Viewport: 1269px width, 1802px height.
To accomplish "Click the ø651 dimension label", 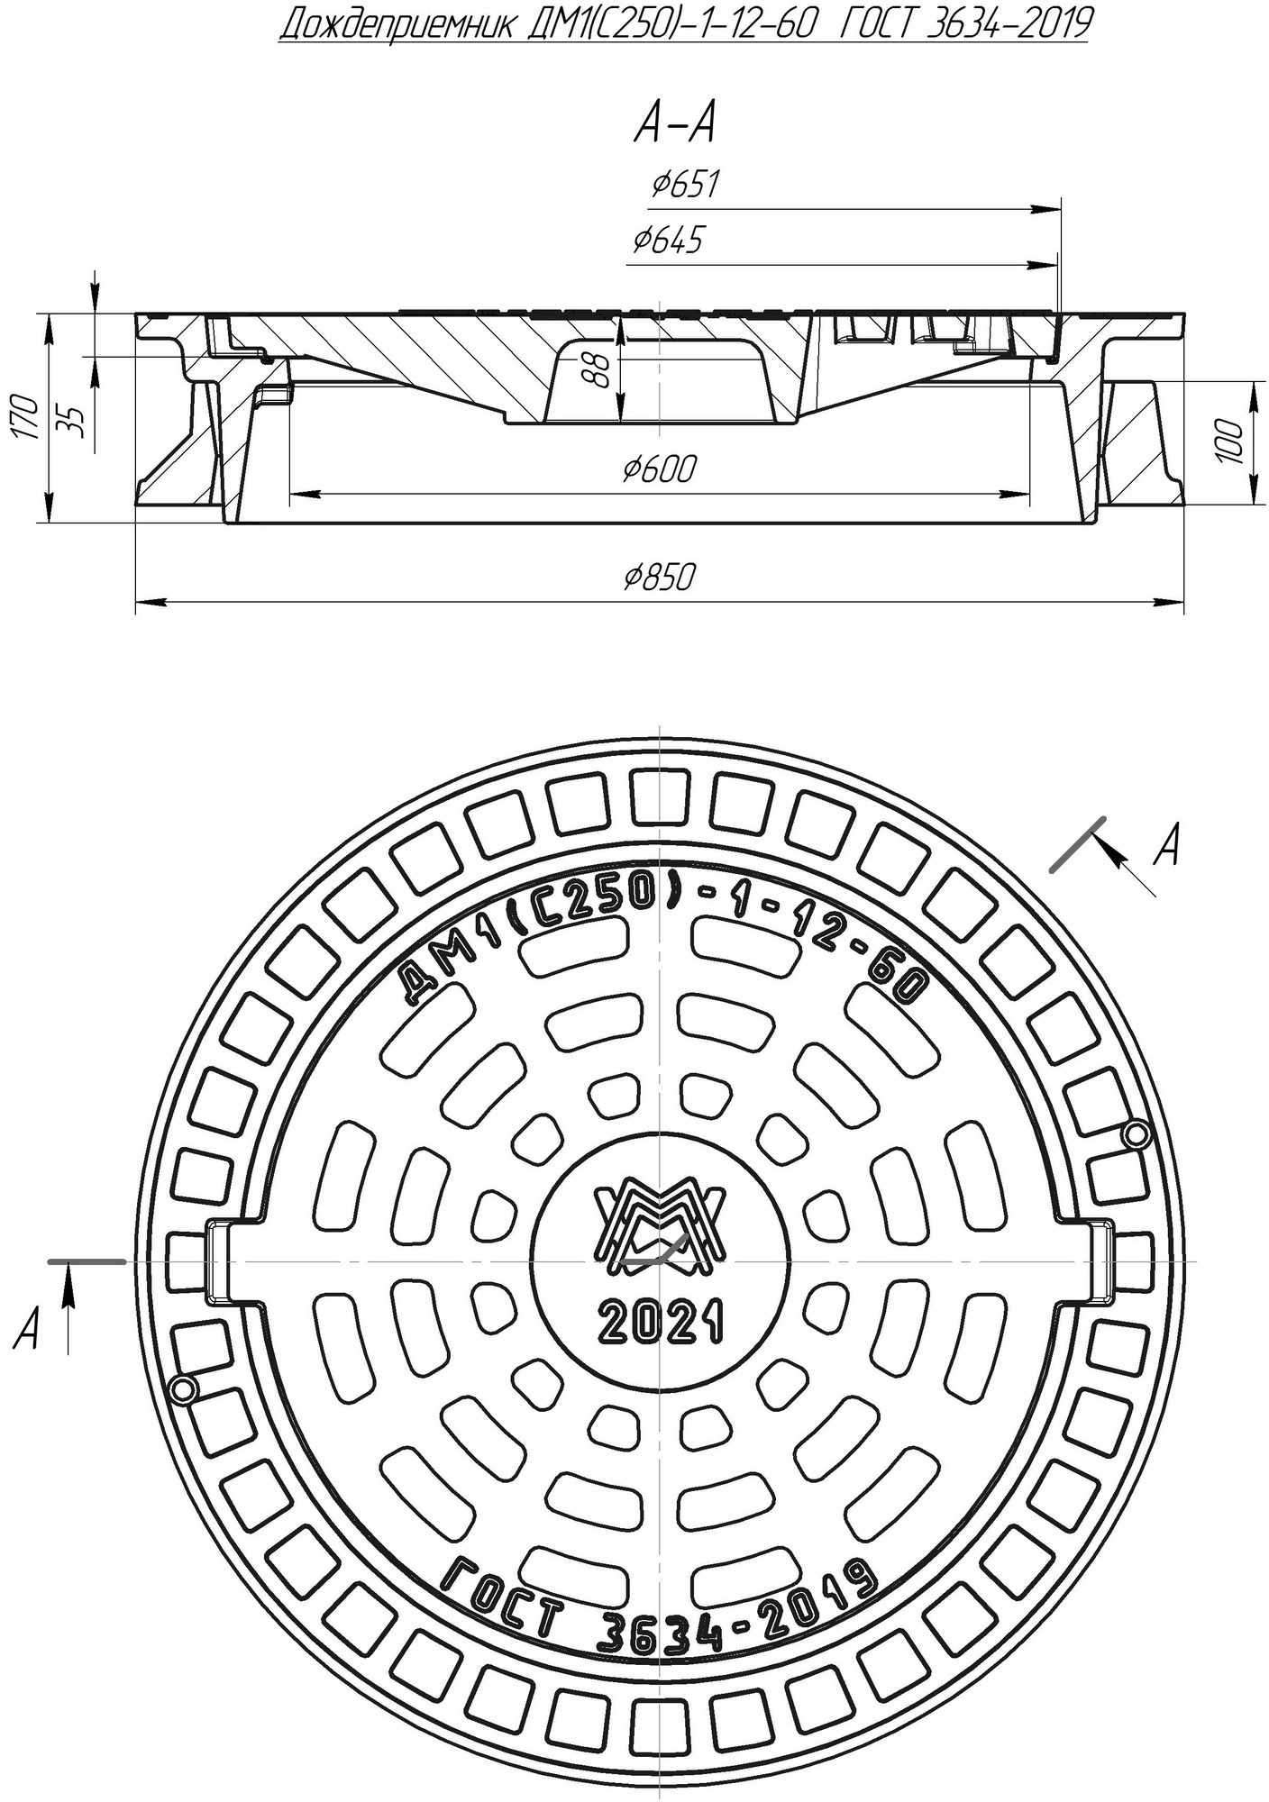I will [685, 186].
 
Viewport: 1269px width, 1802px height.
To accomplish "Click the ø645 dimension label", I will [667, 241].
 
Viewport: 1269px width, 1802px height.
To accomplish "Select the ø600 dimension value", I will [660, 469].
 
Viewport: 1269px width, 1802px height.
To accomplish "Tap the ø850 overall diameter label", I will [660, 577].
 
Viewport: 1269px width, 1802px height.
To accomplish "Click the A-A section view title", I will [674, 124].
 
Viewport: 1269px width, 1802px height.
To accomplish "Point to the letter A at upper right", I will [1168, 847].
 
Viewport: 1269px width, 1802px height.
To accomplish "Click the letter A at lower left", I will [27, 1329].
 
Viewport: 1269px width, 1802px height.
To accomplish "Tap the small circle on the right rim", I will [1137, 1133].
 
